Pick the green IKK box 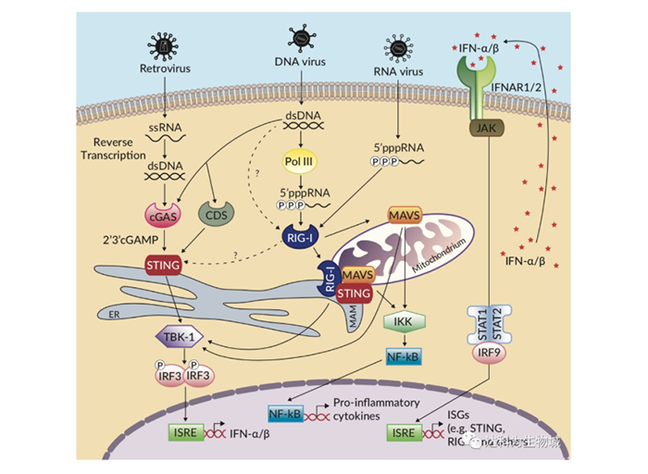[401, 321]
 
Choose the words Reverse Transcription [117, 150]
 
